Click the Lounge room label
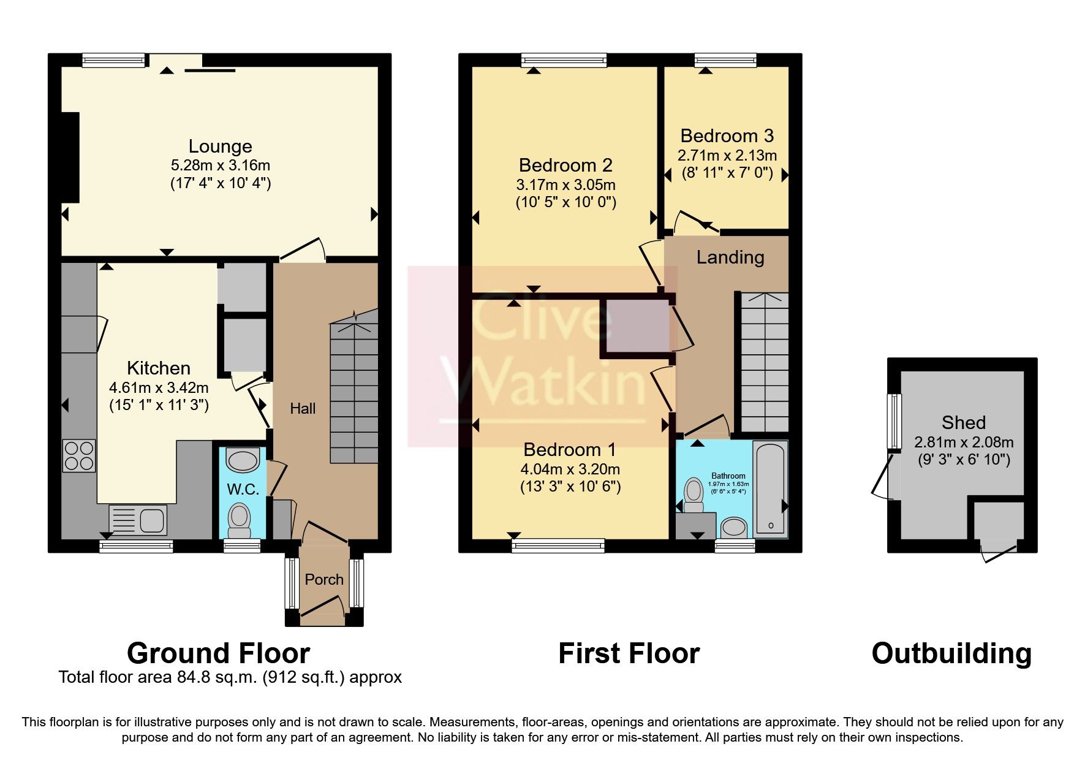pyautogui.click(x=220, y=146)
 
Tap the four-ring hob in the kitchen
pyautogui.click(x=79, y=456)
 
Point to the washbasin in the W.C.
pyautogui.click(x=243, y=461)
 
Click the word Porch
pyautogui.click(x=324, y=579)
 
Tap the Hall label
pyautogui.click(x=303, y=409)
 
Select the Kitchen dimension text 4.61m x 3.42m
pyautogui.click(x=159, y=387)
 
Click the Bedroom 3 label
pyautogui.click(x=727, y=135)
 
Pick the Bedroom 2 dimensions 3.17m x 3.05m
pyautogui.click(x=565, y=184)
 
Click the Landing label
pyautogui.click(x=730, y=257)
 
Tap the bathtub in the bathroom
pyautogui.click(x=770, y=487)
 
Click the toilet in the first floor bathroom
pyautogui.click(x=694, y=495)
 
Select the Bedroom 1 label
pyautogui.click(x=569, y=449)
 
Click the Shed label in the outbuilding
pyautogui.click(x=963, y=422)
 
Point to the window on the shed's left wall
pyautogui.click(x=895, y=421)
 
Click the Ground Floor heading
pyautogui.click(x=218, y=653)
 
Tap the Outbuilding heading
pyautogui.click(x=951, y=653)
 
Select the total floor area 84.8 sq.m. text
pyautogui.click(x=230, y=677)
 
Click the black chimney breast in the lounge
pyautogui.click(x=70, y=158)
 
